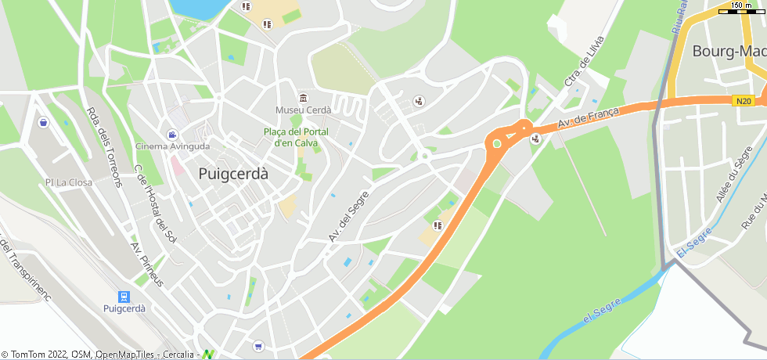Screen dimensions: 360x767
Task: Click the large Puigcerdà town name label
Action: [233, 174]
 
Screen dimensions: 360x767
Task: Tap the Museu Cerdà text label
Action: [303, 110]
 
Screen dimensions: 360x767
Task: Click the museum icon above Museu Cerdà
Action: [303, 97]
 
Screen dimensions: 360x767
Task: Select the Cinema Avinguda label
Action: [172, 146]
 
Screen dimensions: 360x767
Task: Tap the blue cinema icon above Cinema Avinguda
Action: [172, 135]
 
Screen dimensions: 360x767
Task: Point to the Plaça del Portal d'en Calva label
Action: [295, 137]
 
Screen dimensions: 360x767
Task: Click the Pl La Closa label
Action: [68, 182]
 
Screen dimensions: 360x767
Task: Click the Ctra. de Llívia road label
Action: [584, 61]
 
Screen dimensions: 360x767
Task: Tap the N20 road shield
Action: [744, 100]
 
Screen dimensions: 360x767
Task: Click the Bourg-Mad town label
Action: [729, 52]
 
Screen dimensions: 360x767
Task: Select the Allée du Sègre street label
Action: [733, 174]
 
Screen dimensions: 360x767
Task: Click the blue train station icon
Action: [123, 296]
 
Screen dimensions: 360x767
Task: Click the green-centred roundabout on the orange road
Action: [496, 143]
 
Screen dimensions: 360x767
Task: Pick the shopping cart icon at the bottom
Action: [258, 346]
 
